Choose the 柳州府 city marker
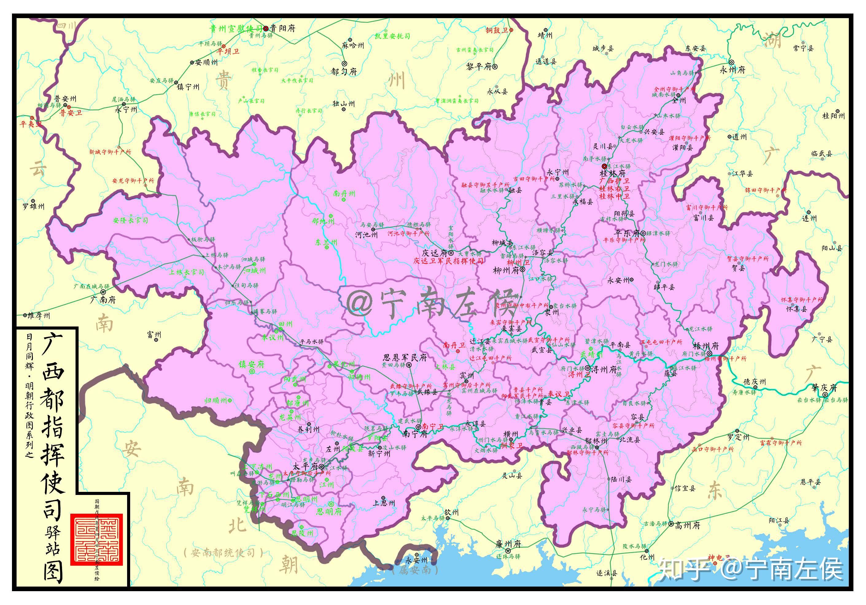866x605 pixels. (522, 270)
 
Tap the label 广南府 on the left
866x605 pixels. (103, 300)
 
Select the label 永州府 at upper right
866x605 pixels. (732, 70)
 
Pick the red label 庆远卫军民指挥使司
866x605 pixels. (448, 261)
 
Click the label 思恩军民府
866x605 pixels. (405, 357)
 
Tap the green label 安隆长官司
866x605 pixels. (130, 220)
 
